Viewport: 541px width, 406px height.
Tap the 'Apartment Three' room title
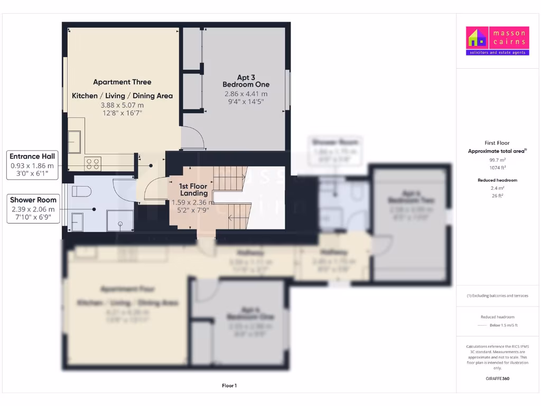click(122, 82)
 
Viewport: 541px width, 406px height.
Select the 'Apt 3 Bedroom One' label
click(246, 81)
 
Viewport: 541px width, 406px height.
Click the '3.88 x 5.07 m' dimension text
click(122, 105)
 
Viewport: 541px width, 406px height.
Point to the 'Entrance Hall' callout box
click(33, 164)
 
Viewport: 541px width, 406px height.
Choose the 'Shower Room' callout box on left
click(33, 208)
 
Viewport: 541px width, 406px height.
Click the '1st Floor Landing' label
click(193, 190)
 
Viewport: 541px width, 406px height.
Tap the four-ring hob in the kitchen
click(93, 164)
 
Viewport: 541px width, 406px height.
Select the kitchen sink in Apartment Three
click(74, 141)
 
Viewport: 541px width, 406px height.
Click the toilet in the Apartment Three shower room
click(82, 191)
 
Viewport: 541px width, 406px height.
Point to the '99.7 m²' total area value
click(497, 159)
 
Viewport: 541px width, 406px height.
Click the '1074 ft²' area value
click(497, 168)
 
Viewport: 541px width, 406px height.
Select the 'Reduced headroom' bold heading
click(497, 180)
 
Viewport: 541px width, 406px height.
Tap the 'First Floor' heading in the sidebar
click(497, 143)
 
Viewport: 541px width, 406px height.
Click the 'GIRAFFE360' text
click(497, 379)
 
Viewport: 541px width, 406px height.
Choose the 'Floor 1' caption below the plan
click(229, 386)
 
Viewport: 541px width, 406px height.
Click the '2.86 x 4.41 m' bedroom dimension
click(246, 94)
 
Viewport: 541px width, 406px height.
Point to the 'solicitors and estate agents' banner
click(497, 52)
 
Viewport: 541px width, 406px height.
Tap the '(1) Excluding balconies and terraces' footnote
click(497, 296)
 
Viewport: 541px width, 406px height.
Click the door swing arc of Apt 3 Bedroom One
click(193, 139)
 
